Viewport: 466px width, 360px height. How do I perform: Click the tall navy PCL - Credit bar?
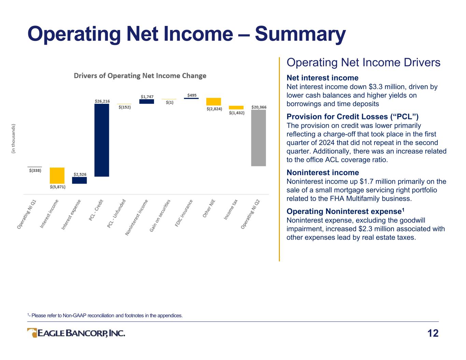[102, 140]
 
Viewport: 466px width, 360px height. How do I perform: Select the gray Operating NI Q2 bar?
[258, 138]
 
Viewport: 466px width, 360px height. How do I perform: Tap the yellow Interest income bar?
[57, 175]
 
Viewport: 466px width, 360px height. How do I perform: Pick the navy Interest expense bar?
[79, 180]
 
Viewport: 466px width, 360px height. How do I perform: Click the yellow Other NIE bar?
[214, 102]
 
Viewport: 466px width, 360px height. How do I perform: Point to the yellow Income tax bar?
[236, 107]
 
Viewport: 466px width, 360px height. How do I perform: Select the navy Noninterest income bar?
[146, 101]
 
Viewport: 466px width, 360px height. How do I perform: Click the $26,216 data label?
[102, 101]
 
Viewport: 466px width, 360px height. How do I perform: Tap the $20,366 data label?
[259, 107]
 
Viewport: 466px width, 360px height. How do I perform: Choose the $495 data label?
[192, 95]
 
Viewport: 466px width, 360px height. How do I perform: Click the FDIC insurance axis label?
[184, 213]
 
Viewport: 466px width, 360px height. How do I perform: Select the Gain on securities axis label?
[160, 216]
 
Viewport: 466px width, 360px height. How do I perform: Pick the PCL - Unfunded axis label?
[116, 213]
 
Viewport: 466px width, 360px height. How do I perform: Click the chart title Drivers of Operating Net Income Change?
[140, 76]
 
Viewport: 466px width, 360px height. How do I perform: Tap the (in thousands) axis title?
[13, 139]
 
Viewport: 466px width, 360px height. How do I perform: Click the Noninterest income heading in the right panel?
[323, 173]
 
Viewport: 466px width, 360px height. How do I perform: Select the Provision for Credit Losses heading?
[352, 117]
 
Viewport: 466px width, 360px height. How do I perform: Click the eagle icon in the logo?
[32, 333]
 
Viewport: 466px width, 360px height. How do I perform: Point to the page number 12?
[433, 333]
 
